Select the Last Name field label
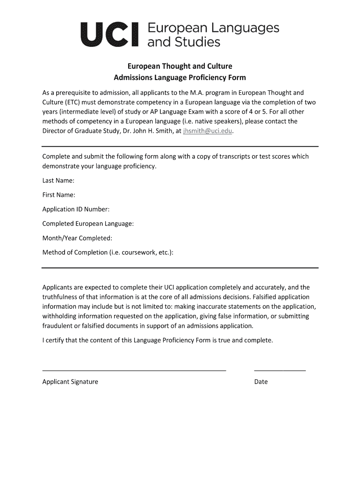[58, 181]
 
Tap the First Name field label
[59, 195]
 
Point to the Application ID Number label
[76, 209]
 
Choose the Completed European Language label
[88, 224]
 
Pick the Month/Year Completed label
[77, 238]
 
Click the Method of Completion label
[108, 253]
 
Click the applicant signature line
[134, 370]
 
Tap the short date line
[280, 370]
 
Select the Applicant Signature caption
[70, 382]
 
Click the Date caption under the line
[261, 382]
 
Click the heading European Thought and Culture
[180, 66]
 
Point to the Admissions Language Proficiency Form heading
[180, 77]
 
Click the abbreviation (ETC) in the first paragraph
[67, 102]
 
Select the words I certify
[53, 340]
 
